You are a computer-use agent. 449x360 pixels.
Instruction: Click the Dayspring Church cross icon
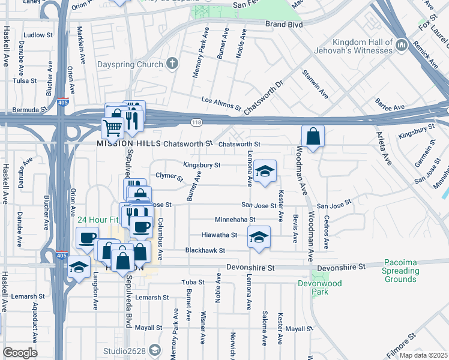(172, 64)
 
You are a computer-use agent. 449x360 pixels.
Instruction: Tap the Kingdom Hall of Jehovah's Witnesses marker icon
(402, 46)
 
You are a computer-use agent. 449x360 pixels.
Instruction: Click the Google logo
(20, 352)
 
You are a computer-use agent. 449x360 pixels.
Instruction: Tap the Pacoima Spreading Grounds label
(401, 272)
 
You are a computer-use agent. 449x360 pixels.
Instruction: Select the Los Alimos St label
(221, 104)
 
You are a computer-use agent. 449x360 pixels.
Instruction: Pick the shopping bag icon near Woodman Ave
(313, 137)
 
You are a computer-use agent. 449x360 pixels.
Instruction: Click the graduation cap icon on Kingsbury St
(265, 172)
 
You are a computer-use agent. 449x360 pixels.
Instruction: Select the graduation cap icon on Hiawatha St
(259, 238)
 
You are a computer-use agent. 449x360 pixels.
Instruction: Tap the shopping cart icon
(112, 127)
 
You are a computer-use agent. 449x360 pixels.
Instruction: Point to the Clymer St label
(169, 176)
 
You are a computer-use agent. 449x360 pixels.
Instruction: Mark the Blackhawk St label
(205, 250)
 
